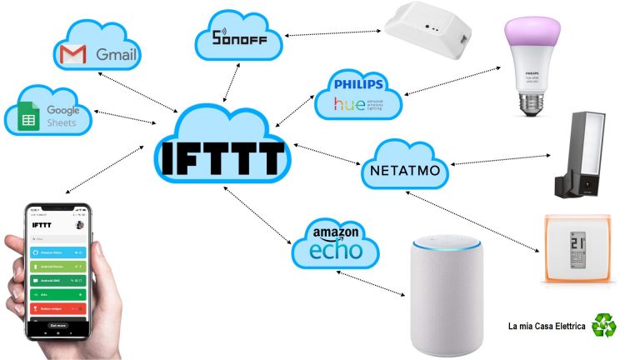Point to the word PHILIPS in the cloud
(x=357, y=84)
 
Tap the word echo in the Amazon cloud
(x=335, y=251)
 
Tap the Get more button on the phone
(x=58, y=325)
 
